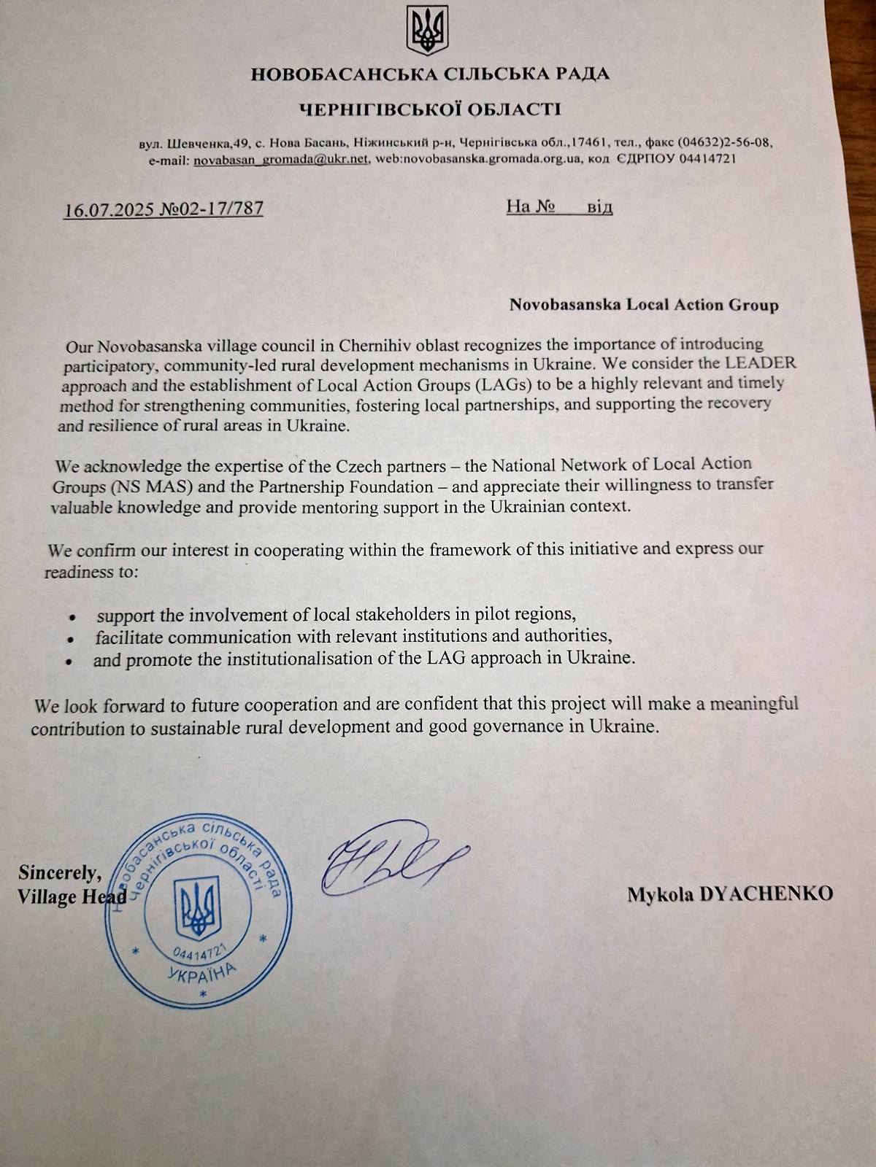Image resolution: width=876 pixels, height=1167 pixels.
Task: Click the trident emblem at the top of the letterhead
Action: tap(427, 31)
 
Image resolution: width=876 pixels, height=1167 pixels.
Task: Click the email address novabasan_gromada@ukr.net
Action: tap(280, 159)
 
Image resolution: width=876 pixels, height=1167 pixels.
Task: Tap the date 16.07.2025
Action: tap(109, 209)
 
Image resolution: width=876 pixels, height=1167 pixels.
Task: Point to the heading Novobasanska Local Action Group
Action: tap(644, 304)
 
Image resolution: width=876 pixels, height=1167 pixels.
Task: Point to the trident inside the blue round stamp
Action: tap(197, 907)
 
